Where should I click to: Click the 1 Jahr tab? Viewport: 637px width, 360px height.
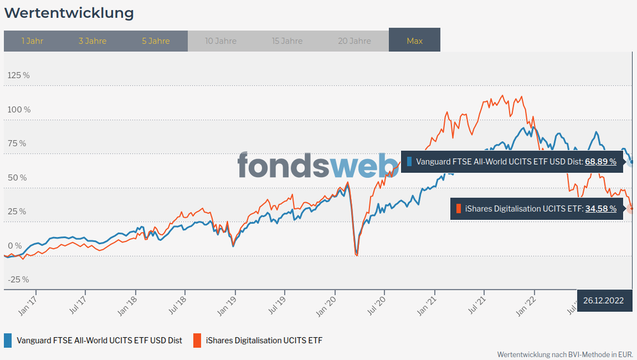pos(32,41)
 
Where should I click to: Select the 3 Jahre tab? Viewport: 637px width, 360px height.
pos(92,41)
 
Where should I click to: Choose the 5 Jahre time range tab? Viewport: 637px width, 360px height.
pos(156,41)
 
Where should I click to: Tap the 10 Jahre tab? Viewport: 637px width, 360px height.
pos(221,41)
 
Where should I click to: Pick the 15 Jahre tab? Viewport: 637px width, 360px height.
pos(287,41)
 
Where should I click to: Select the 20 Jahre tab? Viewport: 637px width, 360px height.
pos(354,41)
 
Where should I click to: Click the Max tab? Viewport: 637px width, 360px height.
pos(414,41)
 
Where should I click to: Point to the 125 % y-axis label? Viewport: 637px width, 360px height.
pos(18,75)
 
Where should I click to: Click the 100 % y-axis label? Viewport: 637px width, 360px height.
pos(18,110)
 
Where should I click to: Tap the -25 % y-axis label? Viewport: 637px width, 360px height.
pos(18,279)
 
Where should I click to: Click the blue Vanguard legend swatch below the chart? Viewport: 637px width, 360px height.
pos(8,340)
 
